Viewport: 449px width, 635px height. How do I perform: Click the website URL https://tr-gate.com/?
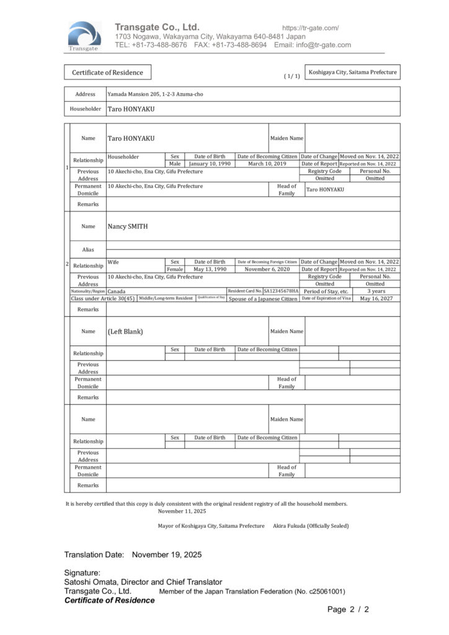[x=310, y=28]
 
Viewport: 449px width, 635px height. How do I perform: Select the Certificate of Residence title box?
[x=107, y=73]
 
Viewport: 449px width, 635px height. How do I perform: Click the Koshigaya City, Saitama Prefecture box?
[x=352, y=73]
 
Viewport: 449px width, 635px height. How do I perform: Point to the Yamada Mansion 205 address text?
[x=155, y=94]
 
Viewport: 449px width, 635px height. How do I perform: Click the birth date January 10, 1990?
[x=210, y=164]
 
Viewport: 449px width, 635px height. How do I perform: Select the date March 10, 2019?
[x=267, y=164]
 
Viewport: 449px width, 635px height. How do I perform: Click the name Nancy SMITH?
[x=128, y=226]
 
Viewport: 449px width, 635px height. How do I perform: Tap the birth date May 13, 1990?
[x=210, y=269]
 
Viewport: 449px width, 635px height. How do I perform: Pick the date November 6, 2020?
[x=267, y=269]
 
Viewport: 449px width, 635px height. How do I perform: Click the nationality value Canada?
[x=116, y=291]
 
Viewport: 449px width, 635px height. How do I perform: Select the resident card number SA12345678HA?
[x=281, y=291]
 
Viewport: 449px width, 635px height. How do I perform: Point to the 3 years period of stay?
[x=376, y=291]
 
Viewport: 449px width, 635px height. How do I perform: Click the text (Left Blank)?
[x=125, y=331]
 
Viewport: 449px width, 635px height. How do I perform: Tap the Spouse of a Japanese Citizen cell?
[x=263, y=299]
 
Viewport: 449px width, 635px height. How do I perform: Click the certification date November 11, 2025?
[x=182, y=511]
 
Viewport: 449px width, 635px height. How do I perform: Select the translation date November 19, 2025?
[x=166, y=554]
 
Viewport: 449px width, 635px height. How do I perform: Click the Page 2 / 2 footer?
[x=348, y=610]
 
